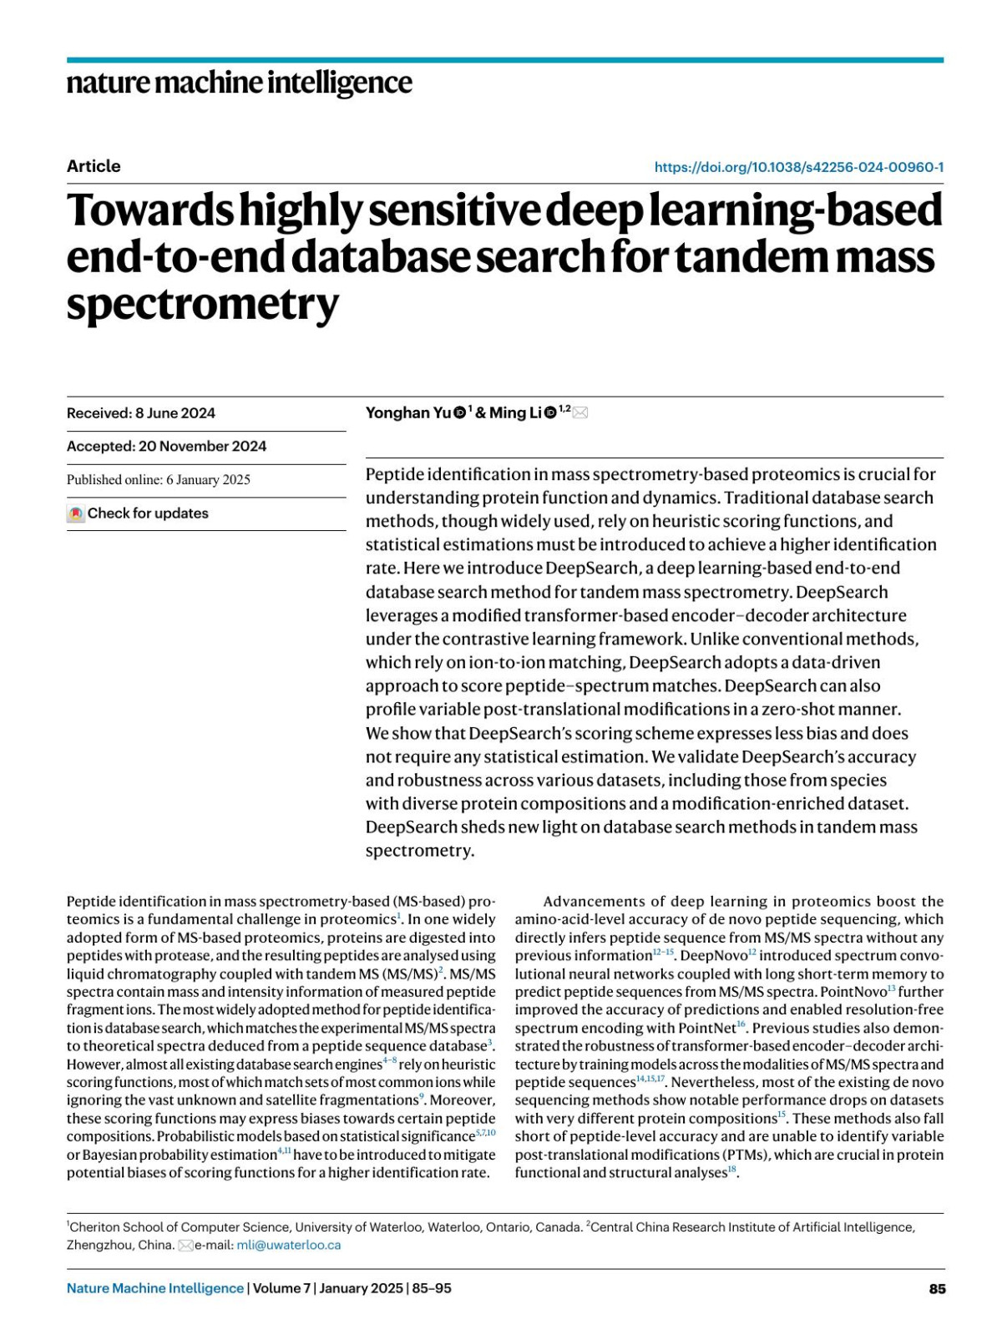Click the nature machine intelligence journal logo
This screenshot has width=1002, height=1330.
239,83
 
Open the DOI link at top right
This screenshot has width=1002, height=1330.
798,167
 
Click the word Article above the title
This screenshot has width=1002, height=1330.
94,166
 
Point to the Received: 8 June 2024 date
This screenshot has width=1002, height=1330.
141,413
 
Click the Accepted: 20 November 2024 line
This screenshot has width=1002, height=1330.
166,446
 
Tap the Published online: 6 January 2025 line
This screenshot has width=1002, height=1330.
159,479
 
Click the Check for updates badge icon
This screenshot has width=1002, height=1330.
76,513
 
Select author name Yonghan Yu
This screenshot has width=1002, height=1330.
408,412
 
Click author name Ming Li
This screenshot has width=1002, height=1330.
514,412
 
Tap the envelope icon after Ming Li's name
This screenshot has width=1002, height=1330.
580,412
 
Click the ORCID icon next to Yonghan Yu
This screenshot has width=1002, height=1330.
459,412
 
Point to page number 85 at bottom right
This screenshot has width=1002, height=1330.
937,1288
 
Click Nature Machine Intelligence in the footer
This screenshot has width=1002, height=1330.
155,1288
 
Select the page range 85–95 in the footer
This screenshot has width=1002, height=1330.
432,1288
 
